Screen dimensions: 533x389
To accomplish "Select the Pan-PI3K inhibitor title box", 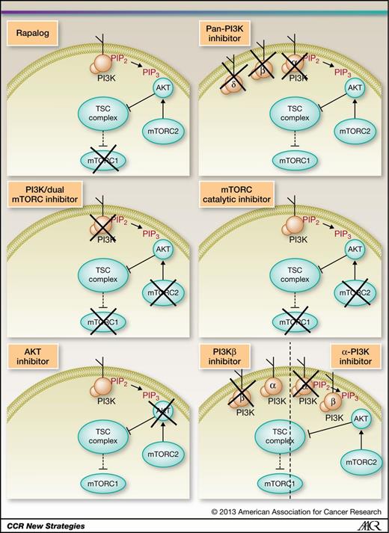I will (x=227, y=33).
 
